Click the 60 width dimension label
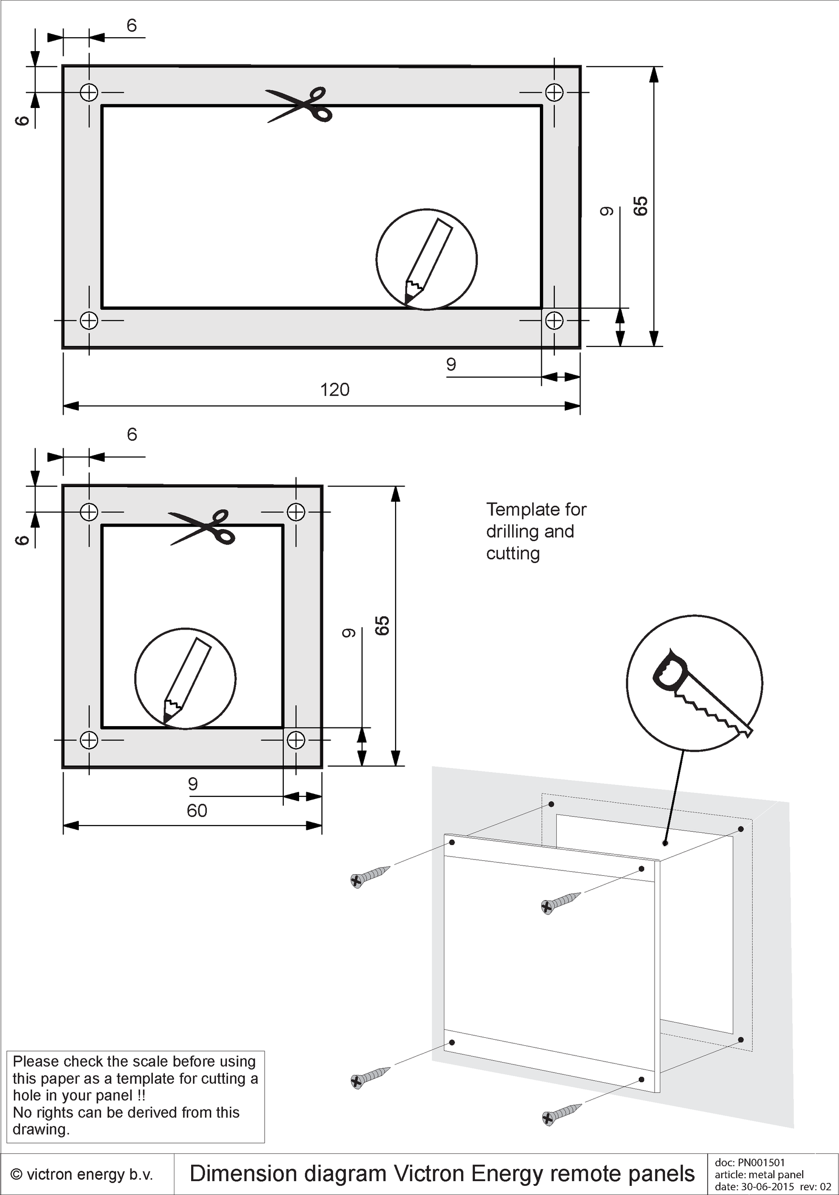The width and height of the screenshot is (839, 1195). (x=197, y=810)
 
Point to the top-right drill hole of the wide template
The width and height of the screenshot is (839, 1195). (x=554, y=93)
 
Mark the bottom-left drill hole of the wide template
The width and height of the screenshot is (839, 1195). (x=89, y=320)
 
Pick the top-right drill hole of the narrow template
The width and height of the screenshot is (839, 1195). (x=296, y=512)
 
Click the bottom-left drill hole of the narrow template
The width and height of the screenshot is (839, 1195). (x=89, y=739)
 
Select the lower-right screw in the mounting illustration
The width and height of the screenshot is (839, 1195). (x=561, y=1113)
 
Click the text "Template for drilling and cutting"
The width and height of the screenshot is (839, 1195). (x=536, y=531)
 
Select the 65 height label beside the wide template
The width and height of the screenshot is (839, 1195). (x=640, y=206)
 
